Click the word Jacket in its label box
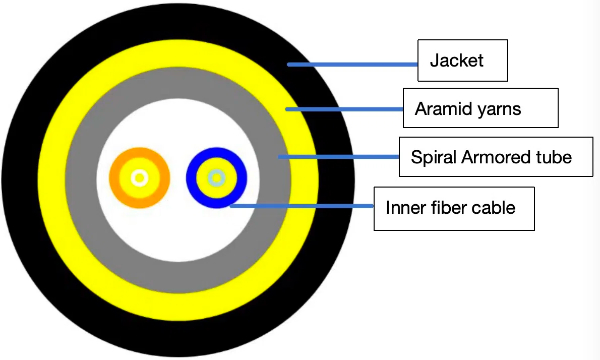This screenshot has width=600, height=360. tap(457, 60)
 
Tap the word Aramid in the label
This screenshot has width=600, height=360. tap(438, 109)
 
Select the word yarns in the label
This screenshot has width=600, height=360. tap(494, 110)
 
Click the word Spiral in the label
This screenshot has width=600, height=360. tap(434, 157)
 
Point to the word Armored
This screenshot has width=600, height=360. tap(495, 157)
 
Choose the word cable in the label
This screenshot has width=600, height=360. tap(493, 207)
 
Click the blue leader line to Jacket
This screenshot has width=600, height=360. tap(352, 65)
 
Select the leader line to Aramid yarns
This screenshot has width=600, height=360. tap(344, 109)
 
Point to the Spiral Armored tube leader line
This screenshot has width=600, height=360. tap(339, 157)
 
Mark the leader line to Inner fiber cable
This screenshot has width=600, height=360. tap(302, 206)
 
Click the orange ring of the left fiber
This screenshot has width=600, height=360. tap(114, 178)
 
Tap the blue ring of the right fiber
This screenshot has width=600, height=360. tap(191, 178)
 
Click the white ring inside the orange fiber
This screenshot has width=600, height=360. tap(132, 178)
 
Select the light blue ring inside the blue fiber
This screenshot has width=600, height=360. tap(210, 178)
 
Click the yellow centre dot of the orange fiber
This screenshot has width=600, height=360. tap(139, 178)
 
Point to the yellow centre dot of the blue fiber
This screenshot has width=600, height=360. tap(217, 178)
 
